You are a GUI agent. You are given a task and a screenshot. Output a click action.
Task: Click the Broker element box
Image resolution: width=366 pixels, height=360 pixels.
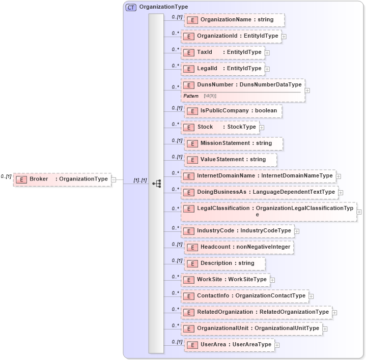[x=62, y=179]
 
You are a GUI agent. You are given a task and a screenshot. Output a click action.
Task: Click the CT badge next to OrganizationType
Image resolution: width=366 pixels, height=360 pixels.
[x=131, y=7]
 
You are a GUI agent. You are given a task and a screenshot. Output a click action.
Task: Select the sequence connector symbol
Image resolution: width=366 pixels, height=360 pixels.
[x=157, y=183]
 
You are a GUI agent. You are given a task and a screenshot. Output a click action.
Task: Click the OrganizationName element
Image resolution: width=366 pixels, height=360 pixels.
[x=234, y=20]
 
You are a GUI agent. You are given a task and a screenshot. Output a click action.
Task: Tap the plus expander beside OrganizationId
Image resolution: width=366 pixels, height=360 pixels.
[x=284, y=37]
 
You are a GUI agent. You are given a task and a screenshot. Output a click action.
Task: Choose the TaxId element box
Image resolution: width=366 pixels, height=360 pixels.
[x=222, y=52]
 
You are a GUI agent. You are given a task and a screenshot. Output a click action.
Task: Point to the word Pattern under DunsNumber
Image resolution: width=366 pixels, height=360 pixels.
[x=191, y=96]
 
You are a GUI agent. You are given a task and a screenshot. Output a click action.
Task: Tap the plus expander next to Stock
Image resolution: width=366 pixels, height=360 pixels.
[x=262, y=127]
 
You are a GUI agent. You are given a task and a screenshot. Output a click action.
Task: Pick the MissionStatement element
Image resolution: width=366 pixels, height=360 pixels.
[x=234, y=143]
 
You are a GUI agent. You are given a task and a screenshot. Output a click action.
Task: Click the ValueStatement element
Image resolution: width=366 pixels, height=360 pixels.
[x=231, y=160]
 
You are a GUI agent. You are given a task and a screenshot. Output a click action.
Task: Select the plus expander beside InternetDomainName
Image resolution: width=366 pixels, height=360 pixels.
[x=338, y=176]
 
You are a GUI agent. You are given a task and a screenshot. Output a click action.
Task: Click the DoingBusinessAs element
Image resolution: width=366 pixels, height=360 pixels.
[x=259, y=192]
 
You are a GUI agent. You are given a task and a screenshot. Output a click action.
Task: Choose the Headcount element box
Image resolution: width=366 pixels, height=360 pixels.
[x=239, y=247]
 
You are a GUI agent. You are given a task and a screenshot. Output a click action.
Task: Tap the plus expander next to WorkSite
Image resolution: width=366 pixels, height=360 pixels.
[x=272, y=280]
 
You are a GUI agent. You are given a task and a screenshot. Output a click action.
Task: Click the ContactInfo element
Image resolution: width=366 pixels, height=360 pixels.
[x=244, y=296]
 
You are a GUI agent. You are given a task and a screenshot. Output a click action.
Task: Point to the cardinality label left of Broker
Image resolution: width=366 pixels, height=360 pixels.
[x=6, y=176]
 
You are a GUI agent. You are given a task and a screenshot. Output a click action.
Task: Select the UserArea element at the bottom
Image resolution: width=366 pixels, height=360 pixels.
[x=229, y=345]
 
